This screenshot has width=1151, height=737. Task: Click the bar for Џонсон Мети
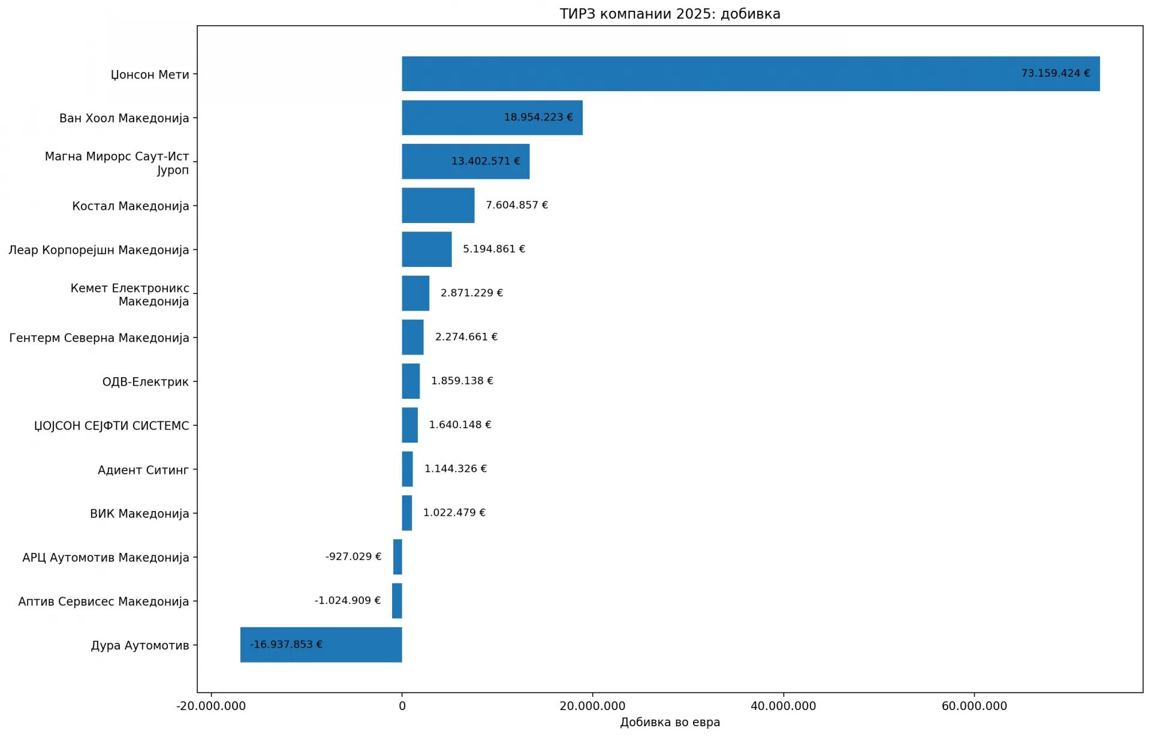[751, 74]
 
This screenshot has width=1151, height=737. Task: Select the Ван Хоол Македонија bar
[492, 118]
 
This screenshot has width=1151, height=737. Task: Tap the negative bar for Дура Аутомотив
[321, 645]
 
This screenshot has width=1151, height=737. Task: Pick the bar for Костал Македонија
[438, 205]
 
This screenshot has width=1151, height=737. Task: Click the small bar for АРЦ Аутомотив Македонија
[397, 556]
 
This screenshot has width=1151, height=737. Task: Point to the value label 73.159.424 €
[1056, 73]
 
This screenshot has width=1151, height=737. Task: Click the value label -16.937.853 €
[286, 645]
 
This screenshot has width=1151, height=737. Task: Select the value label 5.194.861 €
[494, 249]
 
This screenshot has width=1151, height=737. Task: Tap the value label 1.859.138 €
[462, 381]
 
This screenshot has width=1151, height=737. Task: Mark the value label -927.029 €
[353, 556]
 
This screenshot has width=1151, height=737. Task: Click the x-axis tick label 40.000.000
[784, 706]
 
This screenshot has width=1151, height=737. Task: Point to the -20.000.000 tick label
[211, 706]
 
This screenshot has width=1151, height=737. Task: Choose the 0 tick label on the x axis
[402, 706]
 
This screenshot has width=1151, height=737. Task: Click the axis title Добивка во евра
[670, 722]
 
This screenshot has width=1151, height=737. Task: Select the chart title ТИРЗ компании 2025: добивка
[670, 14]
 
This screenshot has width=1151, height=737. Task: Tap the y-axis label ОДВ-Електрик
[145, 382]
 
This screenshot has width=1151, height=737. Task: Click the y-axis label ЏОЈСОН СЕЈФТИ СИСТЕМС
[112, 426]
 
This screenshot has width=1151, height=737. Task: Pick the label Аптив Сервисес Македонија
[104, 601]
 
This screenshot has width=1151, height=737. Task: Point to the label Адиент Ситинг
[143, 470]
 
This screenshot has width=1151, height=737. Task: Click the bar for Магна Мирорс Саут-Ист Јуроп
[466, 161]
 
